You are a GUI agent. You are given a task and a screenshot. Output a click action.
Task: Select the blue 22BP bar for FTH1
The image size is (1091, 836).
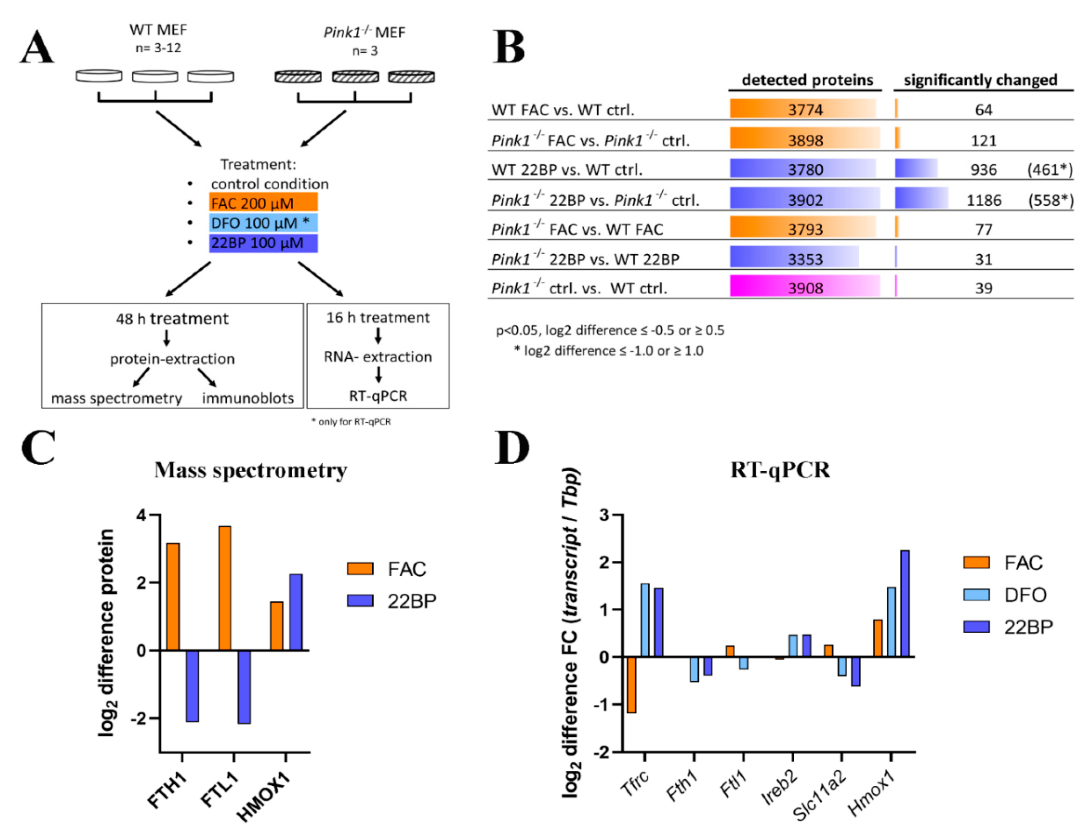click(192, 685)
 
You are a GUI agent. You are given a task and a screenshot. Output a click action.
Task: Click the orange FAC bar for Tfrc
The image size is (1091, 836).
click(632, 684)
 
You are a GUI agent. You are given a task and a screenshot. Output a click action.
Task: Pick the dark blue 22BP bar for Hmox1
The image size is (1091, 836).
click(904, 603)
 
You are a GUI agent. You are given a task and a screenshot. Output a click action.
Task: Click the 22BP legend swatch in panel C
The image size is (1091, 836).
click(359, 601)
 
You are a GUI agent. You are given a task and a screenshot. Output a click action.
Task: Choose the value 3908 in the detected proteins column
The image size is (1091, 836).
click(805, 288)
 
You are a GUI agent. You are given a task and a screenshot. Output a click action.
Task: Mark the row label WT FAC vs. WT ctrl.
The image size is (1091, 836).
click(562, 110)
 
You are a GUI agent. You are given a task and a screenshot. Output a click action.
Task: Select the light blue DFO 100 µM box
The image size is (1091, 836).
click(263, 223)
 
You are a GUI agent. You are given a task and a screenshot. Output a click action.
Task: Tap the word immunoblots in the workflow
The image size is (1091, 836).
click(247, 398)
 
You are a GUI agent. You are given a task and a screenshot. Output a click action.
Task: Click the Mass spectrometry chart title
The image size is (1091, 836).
click(251, 470)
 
